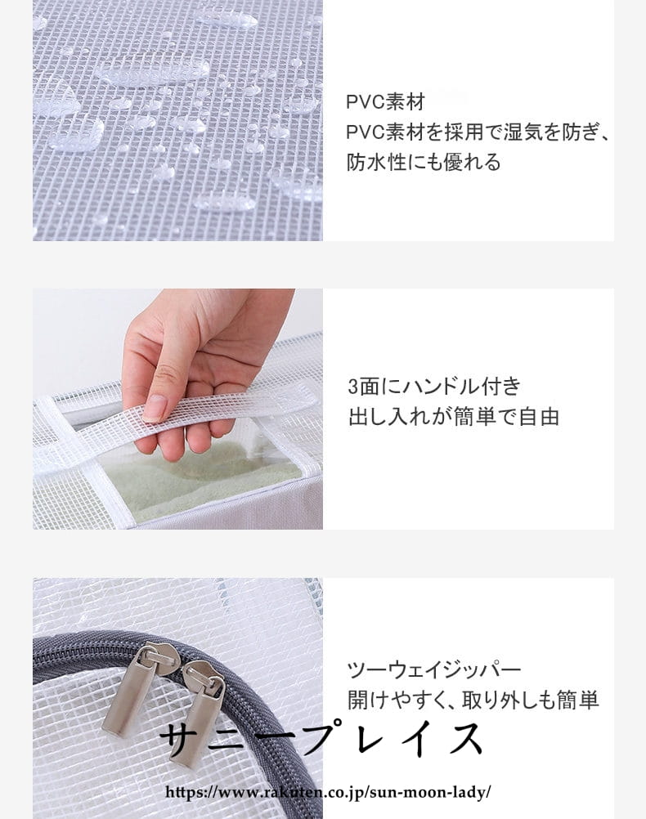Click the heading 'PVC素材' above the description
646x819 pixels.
(386, 102)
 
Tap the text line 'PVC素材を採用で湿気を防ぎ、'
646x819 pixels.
(478, 132)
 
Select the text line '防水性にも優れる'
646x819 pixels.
(424, 162)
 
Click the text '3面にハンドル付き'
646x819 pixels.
(434, 387)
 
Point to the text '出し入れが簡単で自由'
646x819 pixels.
(454, 417)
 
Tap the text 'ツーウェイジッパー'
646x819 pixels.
(434, 669)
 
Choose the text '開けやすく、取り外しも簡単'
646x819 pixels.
(473, 700)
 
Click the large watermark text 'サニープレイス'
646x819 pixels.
(321, 740)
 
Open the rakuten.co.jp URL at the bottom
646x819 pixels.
(328, 792)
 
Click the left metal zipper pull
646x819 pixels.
(128, 691)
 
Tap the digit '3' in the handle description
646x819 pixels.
(352, 387)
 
